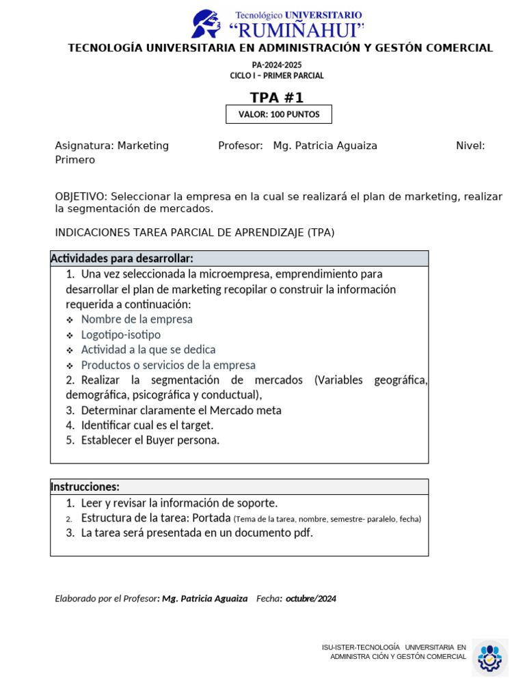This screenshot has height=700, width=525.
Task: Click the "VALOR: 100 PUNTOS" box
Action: (279, 114)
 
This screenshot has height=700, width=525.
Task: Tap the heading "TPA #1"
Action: (276, 97)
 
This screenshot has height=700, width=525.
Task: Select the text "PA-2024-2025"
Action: (277, 65)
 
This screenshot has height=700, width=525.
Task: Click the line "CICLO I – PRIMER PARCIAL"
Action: (277, 76)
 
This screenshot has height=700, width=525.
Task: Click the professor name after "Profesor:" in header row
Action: (325, 146)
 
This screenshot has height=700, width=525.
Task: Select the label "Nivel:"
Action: (470, 146)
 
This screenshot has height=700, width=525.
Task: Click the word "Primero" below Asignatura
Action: (75, 160)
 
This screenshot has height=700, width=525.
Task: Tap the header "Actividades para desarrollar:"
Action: (122, 258)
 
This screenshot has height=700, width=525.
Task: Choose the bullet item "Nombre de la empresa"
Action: (137, 319)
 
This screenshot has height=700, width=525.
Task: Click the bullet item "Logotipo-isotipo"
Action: (121, 335)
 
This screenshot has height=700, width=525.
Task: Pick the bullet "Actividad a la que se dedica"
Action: (148, 350)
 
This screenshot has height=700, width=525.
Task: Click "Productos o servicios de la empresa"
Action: (168, 365)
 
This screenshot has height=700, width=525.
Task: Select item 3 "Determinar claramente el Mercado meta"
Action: (181, 410)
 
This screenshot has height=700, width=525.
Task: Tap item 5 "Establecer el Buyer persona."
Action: (150, 440)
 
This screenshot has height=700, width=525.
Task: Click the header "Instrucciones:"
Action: (85, 487)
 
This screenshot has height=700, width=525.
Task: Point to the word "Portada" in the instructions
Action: (211, 517)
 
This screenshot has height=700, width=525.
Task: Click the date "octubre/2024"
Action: (311, 599)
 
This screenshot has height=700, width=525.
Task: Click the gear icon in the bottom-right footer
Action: (489, 658)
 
